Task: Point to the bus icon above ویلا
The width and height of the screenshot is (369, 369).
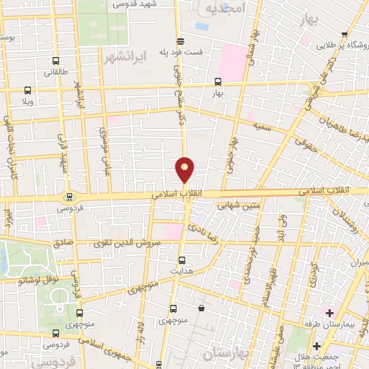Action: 27,90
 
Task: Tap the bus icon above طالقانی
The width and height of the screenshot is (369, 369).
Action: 58,61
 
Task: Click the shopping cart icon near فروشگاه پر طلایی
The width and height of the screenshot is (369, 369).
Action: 347,34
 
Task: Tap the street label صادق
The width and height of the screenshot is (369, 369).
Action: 62,244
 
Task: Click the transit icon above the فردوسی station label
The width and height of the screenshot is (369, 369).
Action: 69,196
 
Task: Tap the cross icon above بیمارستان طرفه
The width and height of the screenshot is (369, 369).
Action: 329,313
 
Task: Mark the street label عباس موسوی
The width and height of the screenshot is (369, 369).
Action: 103,147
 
